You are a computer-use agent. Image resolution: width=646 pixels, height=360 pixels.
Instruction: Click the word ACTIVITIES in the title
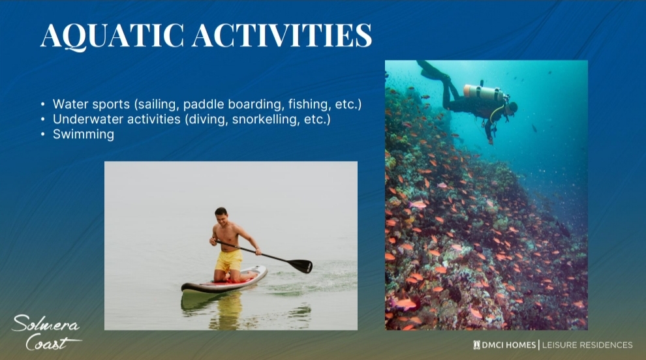pos(282,35)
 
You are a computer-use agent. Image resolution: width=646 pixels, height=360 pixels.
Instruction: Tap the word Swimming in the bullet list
pos(84,134)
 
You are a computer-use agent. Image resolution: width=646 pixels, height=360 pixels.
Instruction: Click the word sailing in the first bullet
pos(157,104)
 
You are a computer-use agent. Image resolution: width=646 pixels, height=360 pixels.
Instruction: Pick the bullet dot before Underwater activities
pos(43,119)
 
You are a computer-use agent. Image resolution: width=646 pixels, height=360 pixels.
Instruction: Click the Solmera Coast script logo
pos(46,333)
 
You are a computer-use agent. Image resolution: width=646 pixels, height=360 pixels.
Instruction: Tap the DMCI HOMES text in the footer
pos(509,345)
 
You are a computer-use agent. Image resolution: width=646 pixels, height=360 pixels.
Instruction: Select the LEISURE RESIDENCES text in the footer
pos(587,345)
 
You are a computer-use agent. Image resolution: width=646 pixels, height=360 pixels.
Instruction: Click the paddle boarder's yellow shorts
pos(229,260)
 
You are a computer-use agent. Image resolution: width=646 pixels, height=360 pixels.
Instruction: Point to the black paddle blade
pos(300,265)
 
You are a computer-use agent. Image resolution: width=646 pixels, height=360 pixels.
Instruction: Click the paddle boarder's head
pos(221,215)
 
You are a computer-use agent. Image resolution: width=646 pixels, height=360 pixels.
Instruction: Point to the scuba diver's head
pos(512,108)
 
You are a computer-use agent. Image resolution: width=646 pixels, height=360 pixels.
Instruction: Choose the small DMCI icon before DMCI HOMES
pos(477,345)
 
